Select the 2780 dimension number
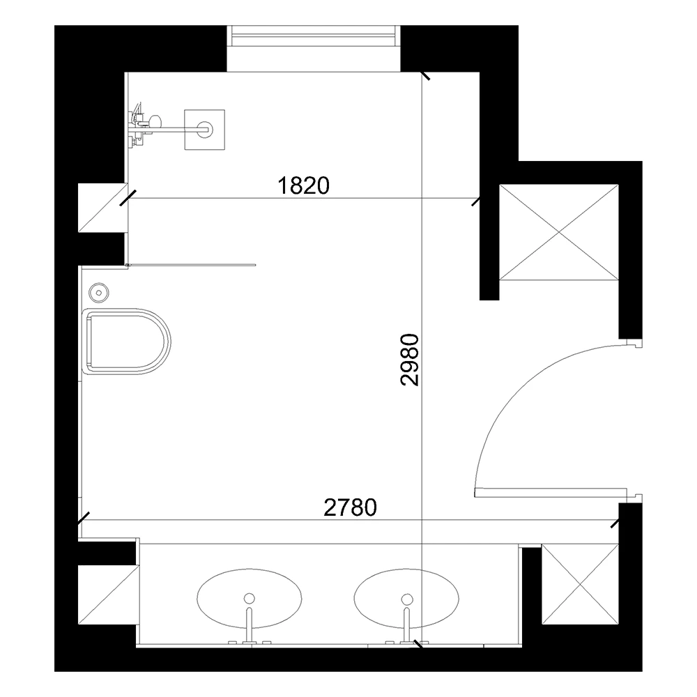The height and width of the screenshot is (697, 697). [351, 507]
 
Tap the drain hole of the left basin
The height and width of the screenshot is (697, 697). [250, 597]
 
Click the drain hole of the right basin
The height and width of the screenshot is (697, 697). [406, 597]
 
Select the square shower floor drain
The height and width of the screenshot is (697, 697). [205, 129]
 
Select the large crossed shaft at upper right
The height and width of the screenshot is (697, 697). [559, 231]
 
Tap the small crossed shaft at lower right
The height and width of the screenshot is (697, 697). [580, 583]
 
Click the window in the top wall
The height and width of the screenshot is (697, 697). [314, 36]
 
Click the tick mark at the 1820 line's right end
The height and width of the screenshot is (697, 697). [476, 201]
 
